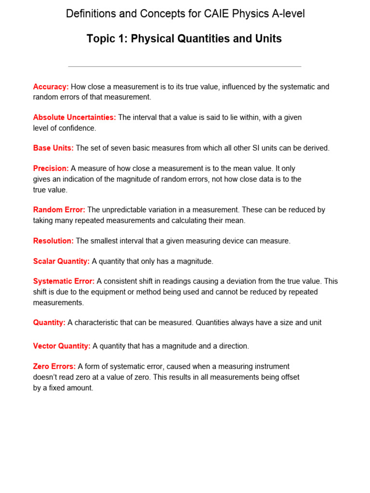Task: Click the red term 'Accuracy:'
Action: coord(51,87)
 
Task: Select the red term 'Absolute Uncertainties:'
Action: coord(74,117)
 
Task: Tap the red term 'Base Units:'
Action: coord(53,148)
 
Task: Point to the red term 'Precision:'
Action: coord(51,169)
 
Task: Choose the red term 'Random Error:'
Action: coord(59,210)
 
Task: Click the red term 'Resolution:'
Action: coord(53,241)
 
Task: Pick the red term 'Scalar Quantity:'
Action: coord(61,261)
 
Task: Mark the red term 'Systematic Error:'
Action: coord(64,281)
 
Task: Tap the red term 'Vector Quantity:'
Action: coord(62,346)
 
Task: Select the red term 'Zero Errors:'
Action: coord(54,366)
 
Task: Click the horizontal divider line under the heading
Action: coord(185,66)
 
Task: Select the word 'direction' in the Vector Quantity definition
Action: coord(233,346)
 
